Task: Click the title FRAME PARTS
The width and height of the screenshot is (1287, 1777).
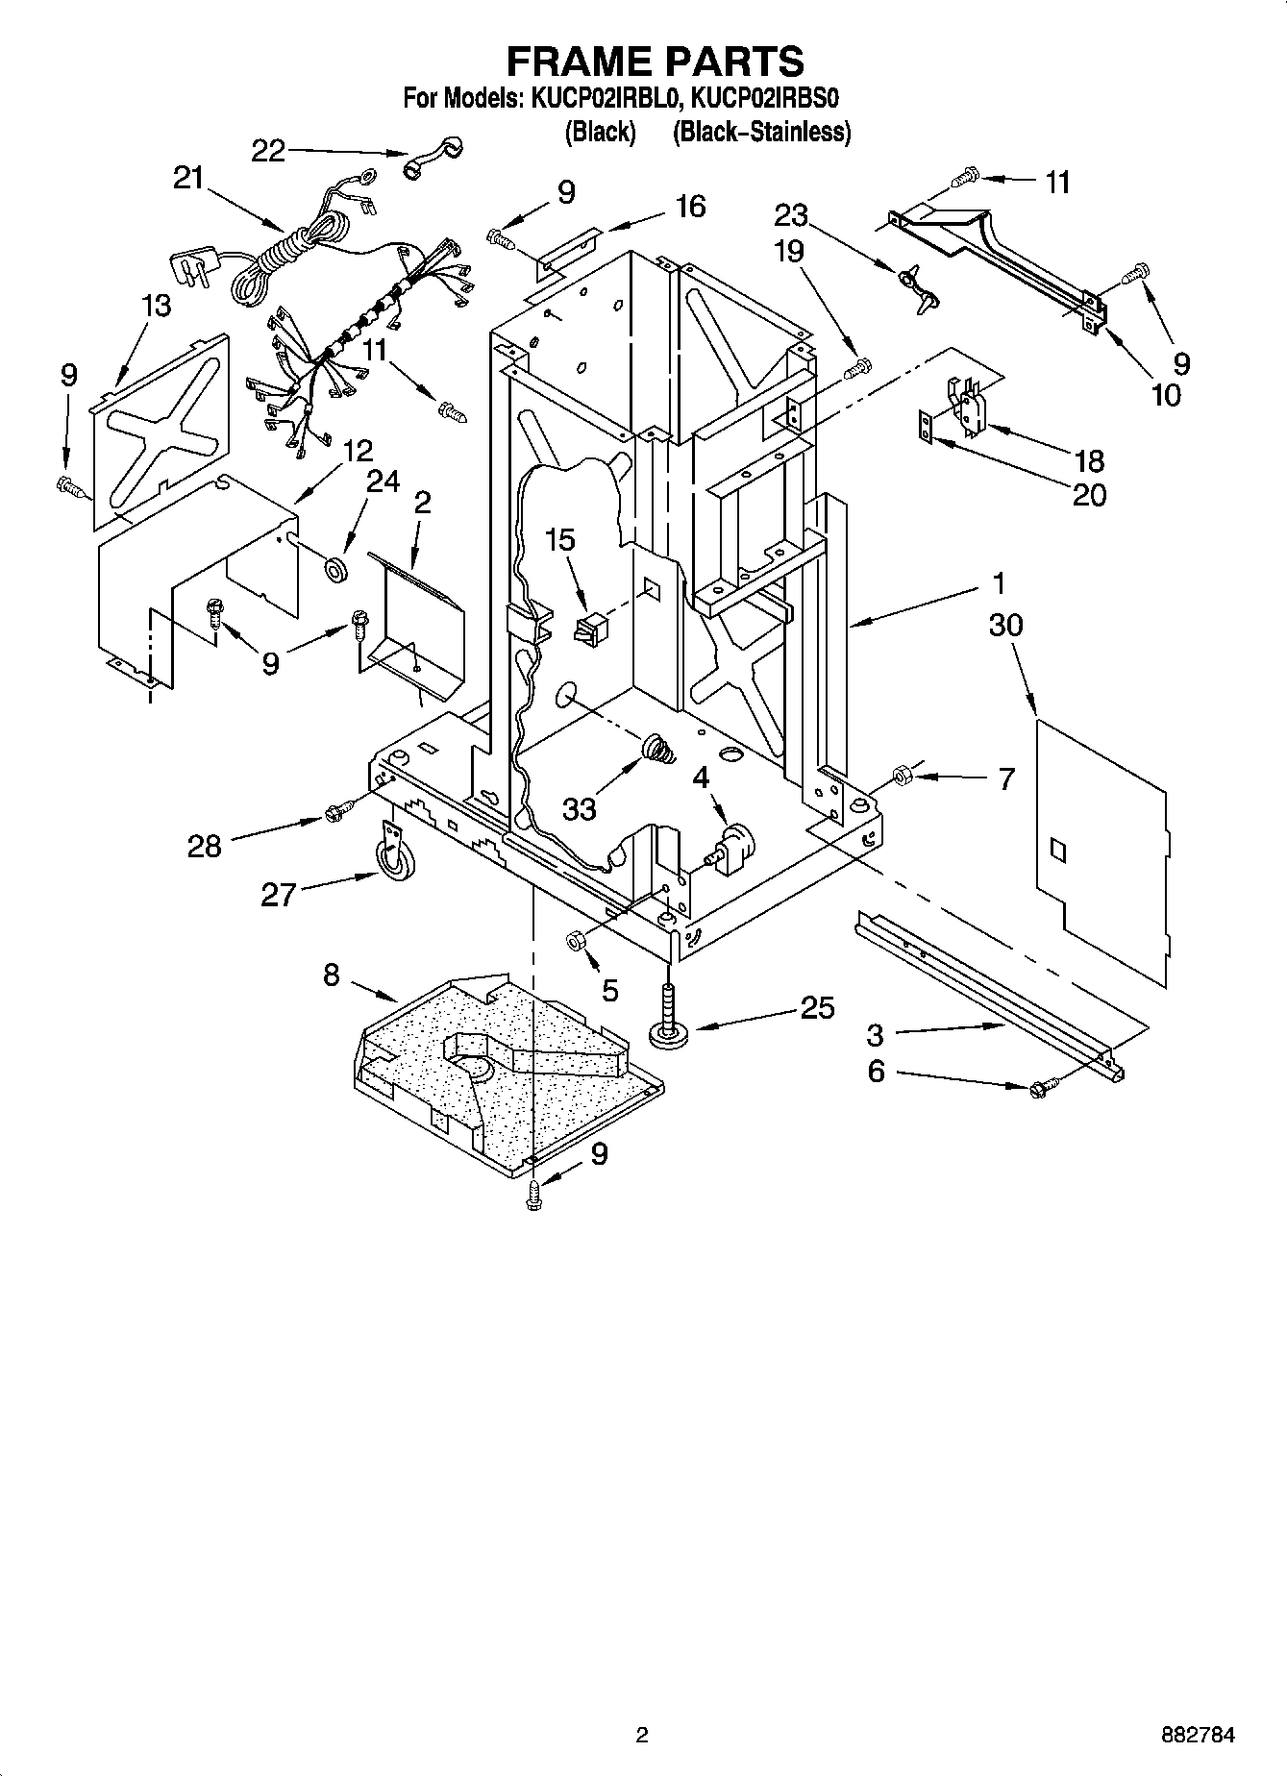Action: click(655, 61)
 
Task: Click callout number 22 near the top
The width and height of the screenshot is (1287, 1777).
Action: click(269, 151)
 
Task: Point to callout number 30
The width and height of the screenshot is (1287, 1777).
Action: click(1005, 625)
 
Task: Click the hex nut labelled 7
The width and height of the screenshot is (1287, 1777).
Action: click(903, 775)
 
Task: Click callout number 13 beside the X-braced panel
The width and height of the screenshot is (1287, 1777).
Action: click(156, 306)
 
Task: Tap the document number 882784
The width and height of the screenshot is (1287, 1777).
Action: click(1197, 1735)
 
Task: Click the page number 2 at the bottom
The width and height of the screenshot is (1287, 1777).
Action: click(642, 1735)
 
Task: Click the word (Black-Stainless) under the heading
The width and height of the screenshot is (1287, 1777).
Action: click(761, 132)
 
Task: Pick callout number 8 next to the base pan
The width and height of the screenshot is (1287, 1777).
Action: click(331, 975)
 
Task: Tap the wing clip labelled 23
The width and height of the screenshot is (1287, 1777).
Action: click(915, 284)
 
